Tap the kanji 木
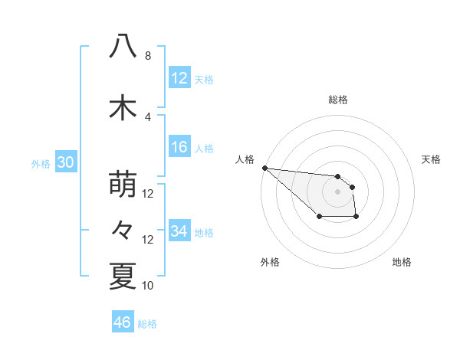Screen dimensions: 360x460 click(x=123, y=107)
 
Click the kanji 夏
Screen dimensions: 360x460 click(x=123, y=276)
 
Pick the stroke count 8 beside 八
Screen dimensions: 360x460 click(x=148, y=56)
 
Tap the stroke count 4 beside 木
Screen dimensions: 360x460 click(x=148, y=116)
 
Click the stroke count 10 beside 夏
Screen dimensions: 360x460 click(x=148, y=286)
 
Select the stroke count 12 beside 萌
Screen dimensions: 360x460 click(x=148, y=194)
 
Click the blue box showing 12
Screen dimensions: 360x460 click(x=179, y=78)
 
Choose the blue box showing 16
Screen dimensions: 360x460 click(x=179, y=148)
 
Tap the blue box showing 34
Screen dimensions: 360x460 click(x=179, y=231)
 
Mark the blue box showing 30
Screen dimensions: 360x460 click(x=65, y=162)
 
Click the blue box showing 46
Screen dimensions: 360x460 click(x=122, y=322)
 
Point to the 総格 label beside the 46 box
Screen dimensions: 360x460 click(x=147, y=324)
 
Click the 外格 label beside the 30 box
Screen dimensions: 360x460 click(x=41, y=163)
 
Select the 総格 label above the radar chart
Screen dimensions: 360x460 click(x=337, y=100)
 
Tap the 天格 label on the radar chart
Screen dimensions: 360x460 click(x=432, y=159)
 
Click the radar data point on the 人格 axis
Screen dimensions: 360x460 click(x=264, y=168)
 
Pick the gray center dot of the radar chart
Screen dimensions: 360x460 click(x=337, y=191)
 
